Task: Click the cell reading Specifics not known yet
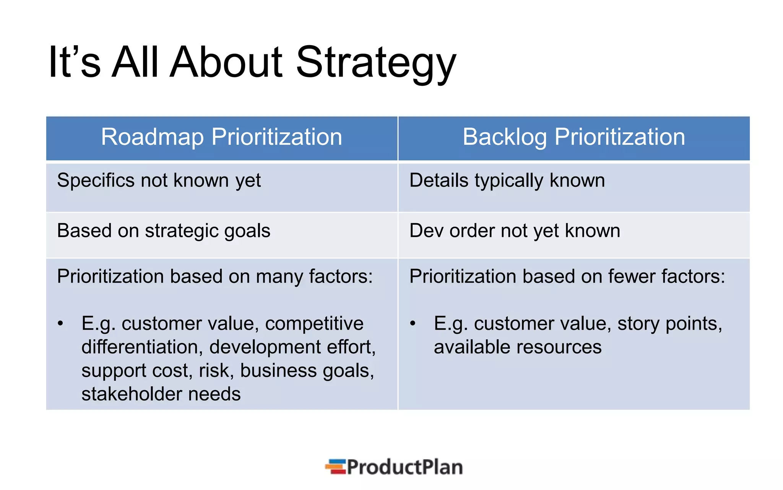click(159, 181)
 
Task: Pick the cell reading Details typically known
click(507, 181)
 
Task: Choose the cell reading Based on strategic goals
click(164, 231)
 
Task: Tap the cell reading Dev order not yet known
click(515, 231)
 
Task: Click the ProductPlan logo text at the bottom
click(404, 467)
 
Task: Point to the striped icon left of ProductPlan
click(336, 467)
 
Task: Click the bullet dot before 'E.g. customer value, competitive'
click(60, 324)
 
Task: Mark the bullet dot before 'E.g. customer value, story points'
click(413, 324)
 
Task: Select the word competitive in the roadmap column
click(314, 324)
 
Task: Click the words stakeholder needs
click(161, 394)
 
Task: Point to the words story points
click(669, 324)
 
